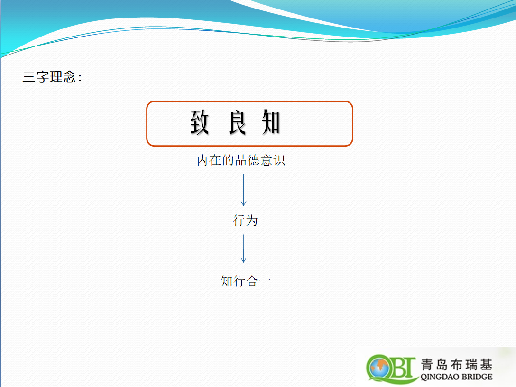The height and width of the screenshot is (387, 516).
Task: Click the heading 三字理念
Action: [x=49, y=77]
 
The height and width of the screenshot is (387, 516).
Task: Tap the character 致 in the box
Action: [x=200, y=122]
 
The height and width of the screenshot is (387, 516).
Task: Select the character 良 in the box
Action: [x=237, y=122]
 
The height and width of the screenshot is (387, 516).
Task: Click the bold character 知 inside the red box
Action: [x=271, y=122]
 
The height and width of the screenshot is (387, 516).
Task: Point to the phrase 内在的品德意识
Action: [x=241, y=160]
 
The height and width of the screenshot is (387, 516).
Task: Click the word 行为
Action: [x=245, y=220]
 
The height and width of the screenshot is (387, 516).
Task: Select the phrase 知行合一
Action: [x=246, y=281]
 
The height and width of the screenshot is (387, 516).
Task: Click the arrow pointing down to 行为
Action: [x=243, y=190]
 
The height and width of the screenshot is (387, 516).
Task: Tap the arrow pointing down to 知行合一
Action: [x=243, y=249]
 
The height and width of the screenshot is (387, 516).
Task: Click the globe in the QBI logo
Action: [x=379, y=367]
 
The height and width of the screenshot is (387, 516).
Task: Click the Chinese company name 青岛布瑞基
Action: [x=457, y=365]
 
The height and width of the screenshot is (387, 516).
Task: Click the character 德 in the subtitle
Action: [x=253, y=160]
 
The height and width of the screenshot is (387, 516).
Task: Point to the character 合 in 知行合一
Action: [x=252, y=281]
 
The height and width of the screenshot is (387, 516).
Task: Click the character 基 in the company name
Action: [x=486, y=365]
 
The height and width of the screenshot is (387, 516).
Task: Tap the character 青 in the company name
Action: [x=427, y=365]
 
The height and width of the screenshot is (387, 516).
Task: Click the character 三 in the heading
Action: [x=29, y=77]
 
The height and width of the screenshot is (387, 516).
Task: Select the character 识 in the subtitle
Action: [x=279, y=160]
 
